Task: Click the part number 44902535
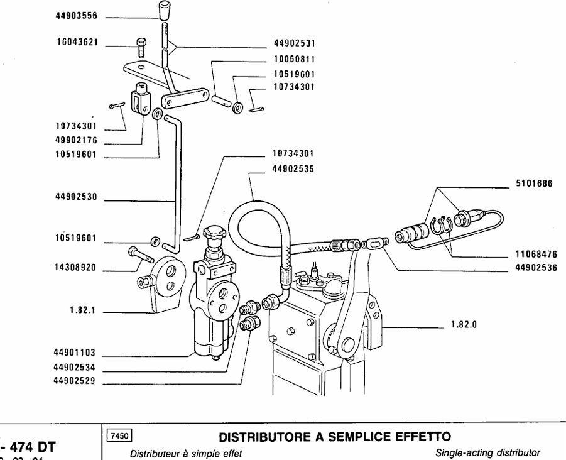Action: [x=294, y=169]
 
